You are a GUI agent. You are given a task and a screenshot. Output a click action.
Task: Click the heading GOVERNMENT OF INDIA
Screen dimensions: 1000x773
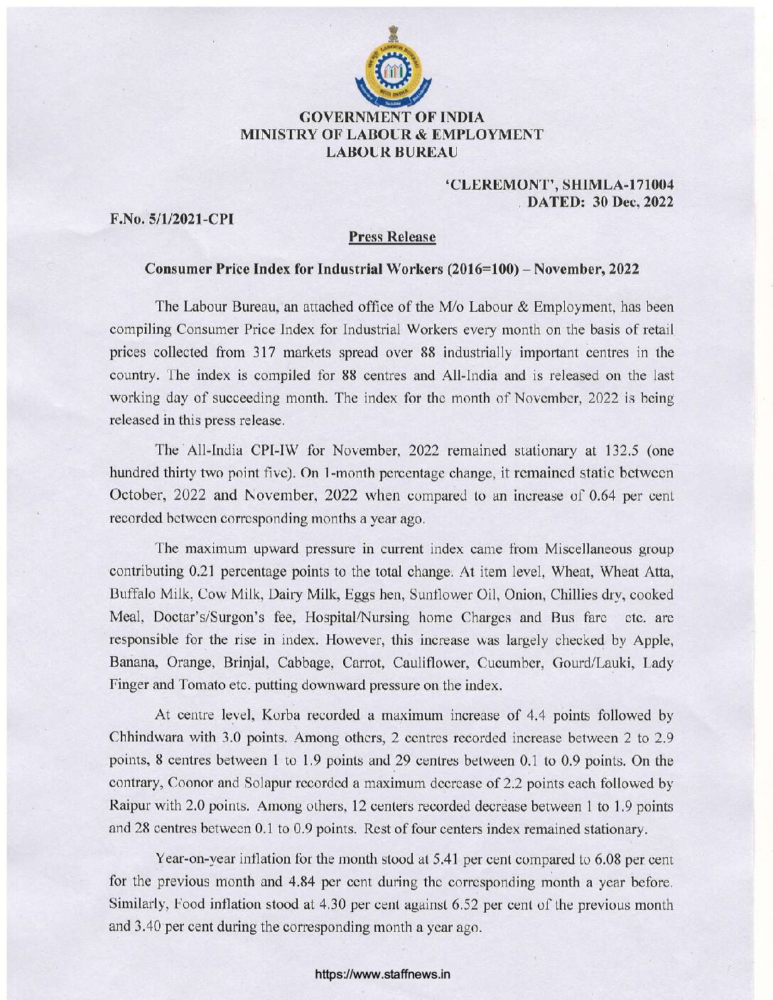393,117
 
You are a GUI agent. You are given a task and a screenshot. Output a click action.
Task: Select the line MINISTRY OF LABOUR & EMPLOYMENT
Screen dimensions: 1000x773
393,134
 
